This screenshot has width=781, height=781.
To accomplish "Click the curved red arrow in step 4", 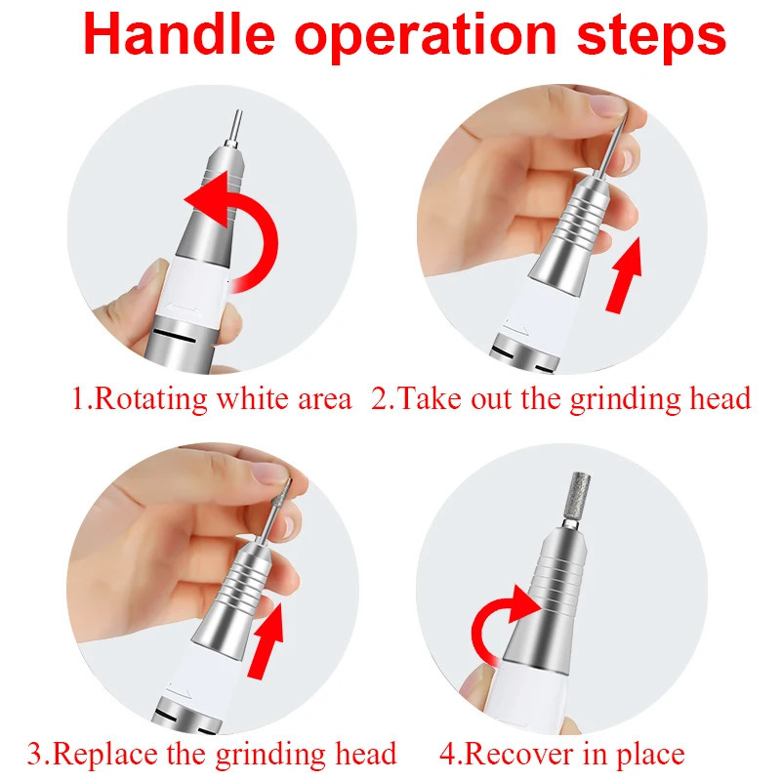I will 502,620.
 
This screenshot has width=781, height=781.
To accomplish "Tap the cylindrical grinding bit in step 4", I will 567,504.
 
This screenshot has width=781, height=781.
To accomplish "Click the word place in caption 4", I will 650,754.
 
